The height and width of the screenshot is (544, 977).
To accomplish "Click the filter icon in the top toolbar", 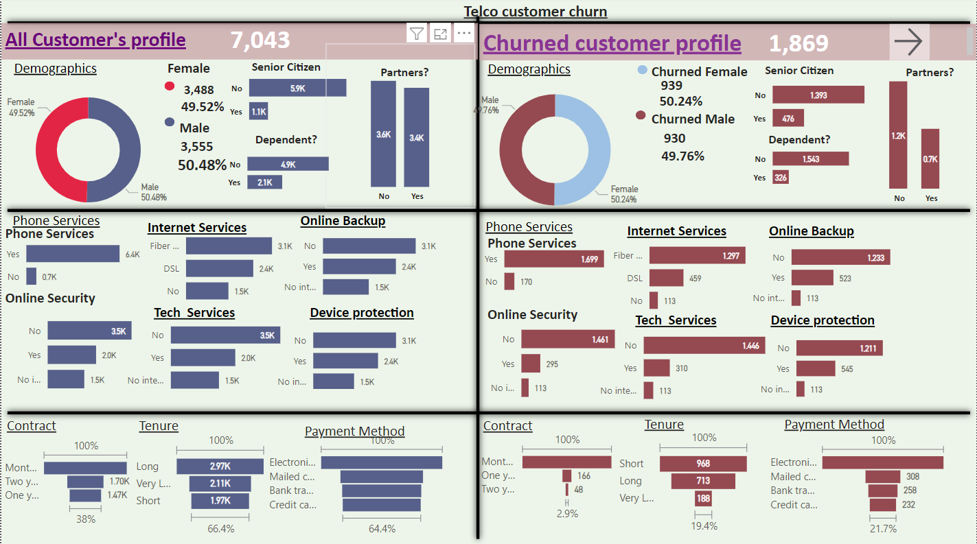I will point(417,33).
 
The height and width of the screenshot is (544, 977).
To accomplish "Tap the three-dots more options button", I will point(464,33).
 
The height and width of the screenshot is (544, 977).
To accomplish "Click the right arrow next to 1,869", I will point(908,43).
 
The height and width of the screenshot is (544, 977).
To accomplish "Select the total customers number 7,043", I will point(260,40).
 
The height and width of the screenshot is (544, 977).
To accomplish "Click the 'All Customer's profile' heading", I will point(95,40).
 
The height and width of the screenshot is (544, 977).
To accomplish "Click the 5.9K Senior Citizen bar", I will point(297,88).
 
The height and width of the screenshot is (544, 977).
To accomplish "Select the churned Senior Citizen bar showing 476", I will point(788,119).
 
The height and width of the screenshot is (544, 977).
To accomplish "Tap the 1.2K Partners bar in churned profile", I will point(898,135).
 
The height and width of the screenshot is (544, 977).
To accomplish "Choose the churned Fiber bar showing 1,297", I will point(697,256).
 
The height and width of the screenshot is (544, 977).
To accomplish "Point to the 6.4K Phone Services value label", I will point(133,255).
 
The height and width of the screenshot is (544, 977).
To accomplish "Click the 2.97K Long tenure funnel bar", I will point(220,466).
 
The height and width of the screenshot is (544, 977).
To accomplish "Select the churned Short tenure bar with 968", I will point(704,464).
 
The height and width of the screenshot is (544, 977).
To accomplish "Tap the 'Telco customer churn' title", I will point(535,12).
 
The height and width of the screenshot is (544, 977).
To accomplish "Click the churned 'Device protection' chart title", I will point(822,320).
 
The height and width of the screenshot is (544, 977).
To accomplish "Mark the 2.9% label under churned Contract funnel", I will point(567,513).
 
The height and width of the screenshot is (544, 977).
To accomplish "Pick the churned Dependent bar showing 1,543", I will point(810,159).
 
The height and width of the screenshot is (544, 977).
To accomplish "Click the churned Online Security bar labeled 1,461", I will point(567,340).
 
